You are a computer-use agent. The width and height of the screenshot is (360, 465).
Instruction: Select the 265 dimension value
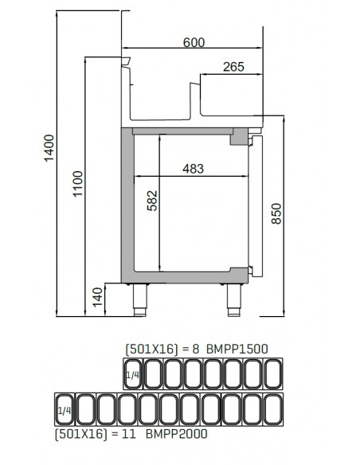[x=233, y=68]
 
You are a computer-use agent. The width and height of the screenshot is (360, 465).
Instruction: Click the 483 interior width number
[x=193, y=168]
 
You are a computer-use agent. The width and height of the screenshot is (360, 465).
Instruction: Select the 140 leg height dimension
[x=97, y=299]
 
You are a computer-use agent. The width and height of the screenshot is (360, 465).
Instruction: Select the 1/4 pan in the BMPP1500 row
[x=132, y=373]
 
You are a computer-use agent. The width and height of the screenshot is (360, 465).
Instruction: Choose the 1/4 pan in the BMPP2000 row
[x=65, y=409]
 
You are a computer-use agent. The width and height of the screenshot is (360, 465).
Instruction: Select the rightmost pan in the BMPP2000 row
[x=275, y=409]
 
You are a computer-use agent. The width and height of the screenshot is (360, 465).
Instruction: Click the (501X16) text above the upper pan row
[x=149, y=349]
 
